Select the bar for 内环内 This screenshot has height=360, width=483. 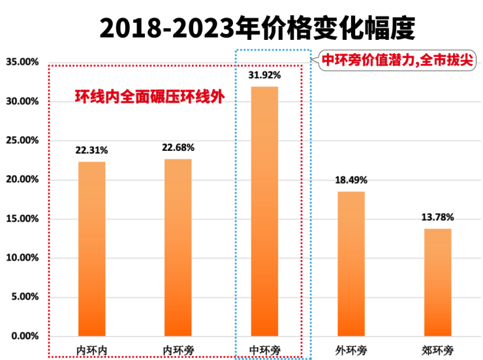pyautogui.click(x=91, y=248)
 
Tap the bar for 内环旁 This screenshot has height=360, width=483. pyautogui.click(x=178, y=247)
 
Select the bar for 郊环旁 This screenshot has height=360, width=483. pyautogui.click(x=437, y=282)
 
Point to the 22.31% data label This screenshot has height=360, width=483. pyautogui.click(x=91, y=151)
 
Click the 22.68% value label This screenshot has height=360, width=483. pyautogui.click(x=178, y=148)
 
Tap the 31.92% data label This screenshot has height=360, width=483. pyautogui.click(x=264, y=75)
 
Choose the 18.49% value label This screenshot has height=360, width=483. pyautogui.click(x=351, y=180)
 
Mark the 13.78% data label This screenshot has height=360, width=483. pyautogui.click(x=437, y=218)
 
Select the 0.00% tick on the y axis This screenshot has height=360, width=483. pyautogui.click(x=24, y=336)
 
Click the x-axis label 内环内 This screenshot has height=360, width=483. pyautogui.click(x=91, y=348)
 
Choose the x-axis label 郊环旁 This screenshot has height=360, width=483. pyautogui.click(x=437, y=348)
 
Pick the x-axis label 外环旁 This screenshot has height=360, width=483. pyautogui.click(x=351, y=348)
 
